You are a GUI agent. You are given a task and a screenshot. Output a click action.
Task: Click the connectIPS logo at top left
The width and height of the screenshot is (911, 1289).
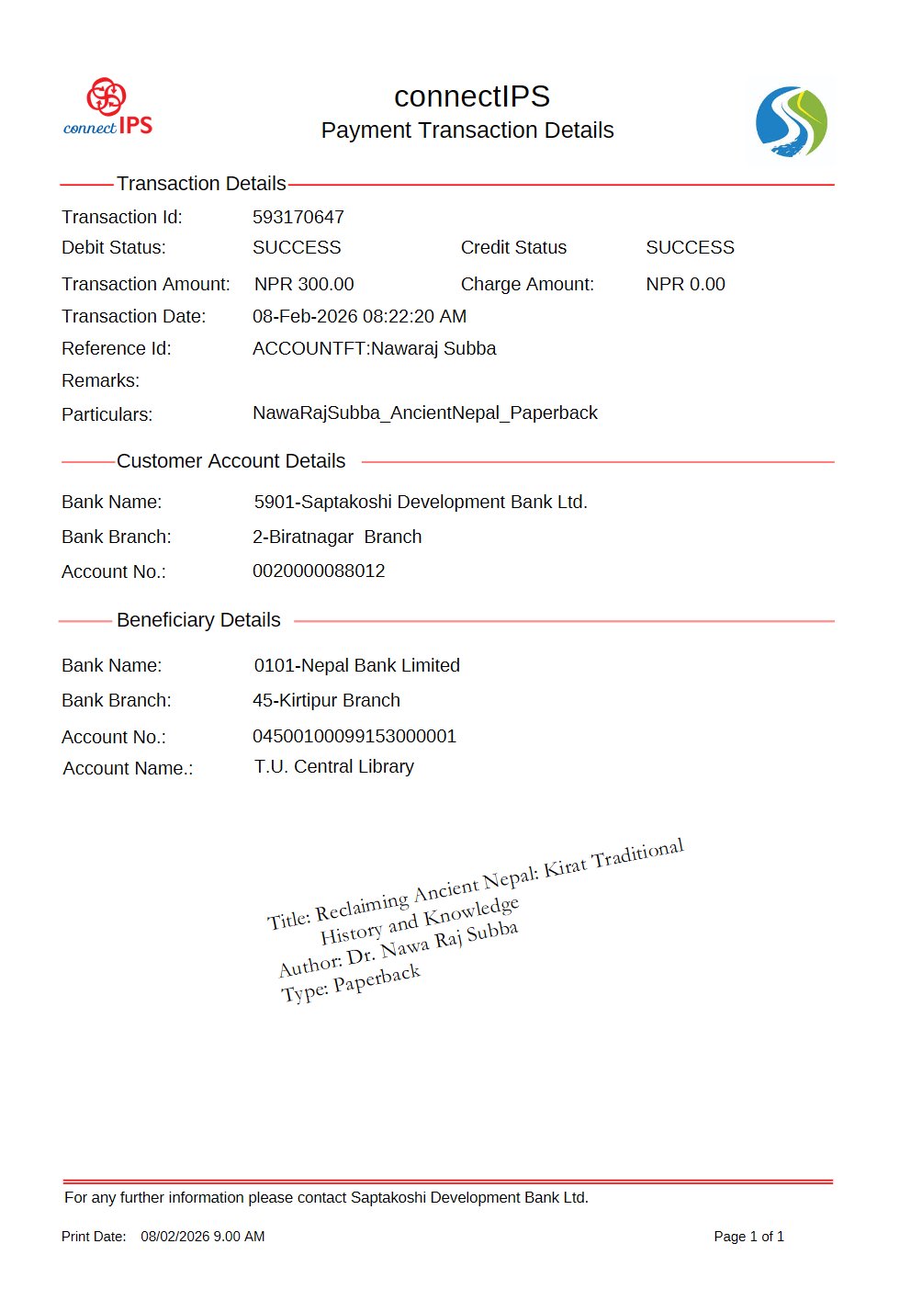pyautogui.click(x=107, y=107)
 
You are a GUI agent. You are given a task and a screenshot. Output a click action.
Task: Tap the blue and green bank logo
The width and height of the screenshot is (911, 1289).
pyautogui.click(x=791, y=122)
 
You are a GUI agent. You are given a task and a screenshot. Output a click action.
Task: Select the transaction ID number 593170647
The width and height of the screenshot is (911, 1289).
pyautogui.click(x=298, y=217)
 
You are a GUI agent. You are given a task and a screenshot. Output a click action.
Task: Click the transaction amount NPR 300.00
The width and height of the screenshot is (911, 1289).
pyautogui.click(x=304, y=284)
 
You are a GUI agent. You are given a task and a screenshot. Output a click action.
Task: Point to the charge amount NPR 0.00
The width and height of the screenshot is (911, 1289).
pyautogui.click(x=685, y=284)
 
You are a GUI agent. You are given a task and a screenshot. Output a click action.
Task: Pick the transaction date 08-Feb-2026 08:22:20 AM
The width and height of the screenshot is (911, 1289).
pyautogui.click(x=359, y=316)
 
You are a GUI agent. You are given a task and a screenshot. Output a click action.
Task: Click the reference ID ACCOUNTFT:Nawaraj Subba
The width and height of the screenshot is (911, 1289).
pyautogui.click(x=374, y=348)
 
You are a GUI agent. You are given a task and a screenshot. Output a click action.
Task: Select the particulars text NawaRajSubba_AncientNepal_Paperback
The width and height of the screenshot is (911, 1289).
pyautogui.click(x=424, y=413)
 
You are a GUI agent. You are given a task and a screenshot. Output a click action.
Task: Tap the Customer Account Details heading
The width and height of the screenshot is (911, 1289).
pyautogui.click(x=231, y=461)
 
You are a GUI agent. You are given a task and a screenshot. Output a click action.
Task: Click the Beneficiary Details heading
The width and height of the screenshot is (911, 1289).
pyautogui.click(x=198, y=620)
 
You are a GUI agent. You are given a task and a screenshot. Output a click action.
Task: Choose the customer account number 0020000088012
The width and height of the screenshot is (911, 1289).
pyautogui.click(x=319, y=571)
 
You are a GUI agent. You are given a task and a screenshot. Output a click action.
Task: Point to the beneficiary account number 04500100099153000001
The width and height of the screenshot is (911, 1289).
pyautogui.click(x=354, y=736)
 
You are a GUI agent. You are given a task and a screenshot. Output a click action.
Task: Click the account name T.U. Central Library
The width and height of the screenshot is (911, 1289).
pyautogui.click(x=333, y=766)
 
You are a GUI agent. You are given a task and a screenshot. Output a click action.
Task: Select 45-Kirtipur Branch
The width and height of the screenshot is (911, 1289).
pyautogui.click(x=326, y=700)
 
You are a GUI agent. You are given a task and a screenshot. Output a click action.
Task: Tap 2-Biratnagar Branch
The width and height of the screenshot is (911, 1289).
pyautogui.click(x=337, y=537)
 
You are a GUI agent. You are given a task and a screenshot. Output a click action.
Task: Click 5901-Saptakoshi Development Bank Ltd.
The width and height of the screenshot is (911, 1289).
pyautogui.click(x=421, y=502)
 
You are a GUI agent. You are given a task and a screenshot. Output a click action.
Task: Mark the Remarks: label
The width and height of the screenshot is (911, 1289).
pyautogui.click(x=100, y=380)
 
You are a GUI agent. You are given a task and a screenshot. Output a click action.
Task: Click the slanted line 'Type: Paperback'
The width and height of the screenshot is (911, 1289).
pyautogui.click(x=350, y=984)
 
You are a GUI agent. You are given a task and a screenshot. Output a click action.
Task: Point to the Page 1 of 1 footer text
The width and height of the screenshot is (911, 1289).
pyautogui.click(x=748, y=1237)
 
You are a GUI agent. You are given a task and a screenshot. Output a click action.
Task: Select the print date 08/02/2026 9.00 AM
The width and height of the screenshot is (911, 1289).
pyautogui.click(x=202, y=1237)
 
